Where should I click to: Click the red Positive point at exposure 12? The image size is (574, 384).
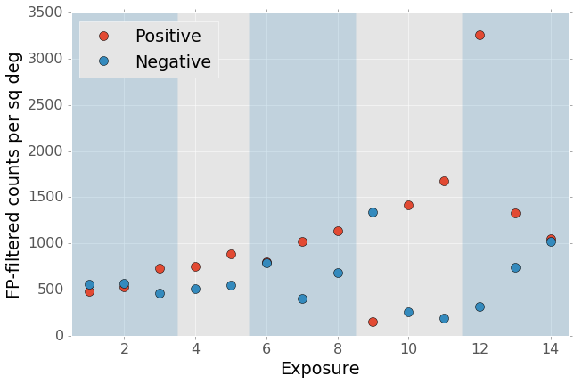[480, 35]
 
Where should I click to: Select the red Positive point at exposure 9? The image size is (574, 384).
[373, 322]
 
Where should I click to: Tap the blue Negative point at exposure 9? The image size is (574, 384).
[373, 212]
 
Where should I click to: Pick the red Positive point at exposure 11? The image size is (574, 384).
[444, 181]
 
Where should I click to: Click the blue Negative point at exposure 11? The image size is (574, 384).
[444, 318]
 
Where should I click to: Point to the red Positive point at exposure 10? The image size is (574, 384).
[408, 205]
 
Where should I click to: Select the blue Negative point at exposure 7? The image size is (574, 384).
[302, 298]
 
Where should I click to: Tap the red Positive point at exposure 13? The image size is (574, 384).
[515, 213]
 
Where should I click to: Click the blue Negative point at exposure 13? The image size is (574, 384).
[515, 267]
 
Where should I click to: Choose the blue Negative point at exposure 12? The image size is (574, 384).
[480, 306]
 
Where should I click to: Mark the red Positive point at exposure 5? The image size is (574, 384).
[231, 254]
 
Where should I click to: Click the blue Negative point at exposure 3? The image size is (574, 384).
[160, 293]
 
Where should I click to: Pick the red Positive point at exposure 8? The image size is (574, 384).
[338, 231]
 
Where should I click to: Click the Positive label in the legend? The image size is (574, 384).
[168, 37]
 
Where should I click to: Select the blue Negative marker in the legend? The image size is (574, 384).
[103, 61]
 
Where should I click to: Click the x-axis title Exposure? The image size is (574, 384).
[320, 369]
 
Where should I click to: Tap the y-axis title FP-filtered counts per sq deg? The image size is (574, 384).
[14, 175]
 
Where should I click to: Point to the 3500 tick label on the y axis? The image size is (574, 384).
[43, 13]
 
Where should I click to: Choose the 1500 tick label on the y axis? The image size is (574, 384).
[43, 198]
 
